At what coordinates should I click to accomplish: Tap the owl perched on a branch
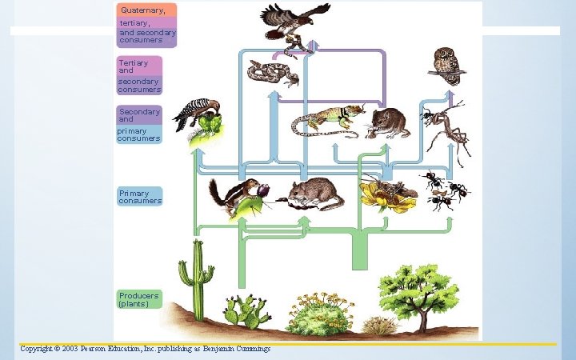pyautogui.click(x=446, y=65)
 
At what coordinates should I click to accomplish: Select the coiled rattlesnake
pyautogui.click(x=270, y=73)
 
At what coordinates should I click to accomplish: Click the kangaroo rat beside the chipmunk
pyautogui.click(x=312, y=194)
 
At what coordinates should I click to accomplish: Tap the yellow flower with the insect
pyautogui.click(x=387, y=194)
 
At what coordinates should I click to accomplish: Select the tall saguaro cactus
pyautogui.click(x=195, y=276)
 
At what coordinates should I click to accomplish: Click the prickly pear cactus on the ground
pyautogui.click(x=246, y=310)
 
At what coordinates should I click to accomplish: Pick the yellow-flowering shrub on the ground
pyautogui.click(x=320, y=314)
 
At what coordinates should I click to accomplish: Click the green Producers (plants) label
pyautogui.click(x=140, y=299)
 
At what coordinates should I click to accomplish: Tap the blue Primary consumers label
pyautogui.click(x=140, y=197)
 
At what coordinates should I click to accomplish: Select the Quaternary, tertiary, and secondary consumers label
pyautogui.click(x=147, y=25)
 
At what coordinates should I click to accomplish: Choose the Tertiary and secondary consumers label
pyautogui.click(x=140, y=76)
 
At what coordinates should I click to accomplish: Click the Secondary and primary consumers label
pyautogui.click(x=140, y=125)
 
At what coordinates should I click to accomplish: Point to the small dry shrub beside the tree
pyautogui.click(x=378, y=325)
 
